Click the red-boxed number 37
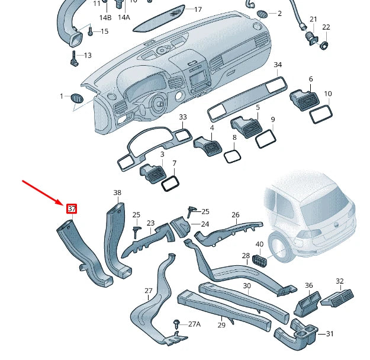(x=72, y=208)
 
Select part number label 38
(x=117, y=193)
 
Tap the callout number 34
(x=278, y=65)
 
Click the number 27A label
(x=194, y=324)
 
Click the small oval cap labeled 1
(x=77, y=98)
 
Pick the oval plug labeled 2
(x=262, y=14)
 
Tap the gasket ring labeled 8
(x=232, y=156)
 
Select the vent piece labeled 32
(x=338, y=298)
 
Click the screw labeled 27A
(x=176, y=323)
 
